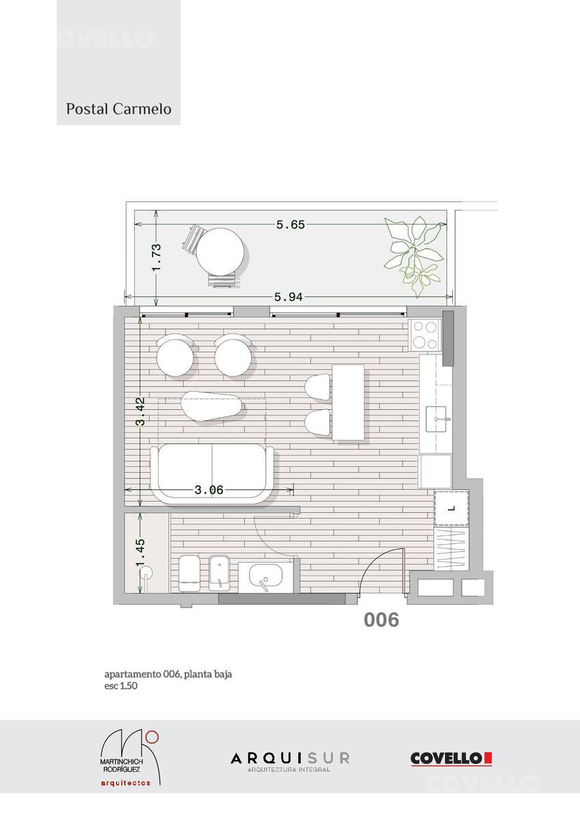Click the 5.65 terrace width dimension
click(291, 224)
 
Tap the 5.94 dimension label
click(289, 297)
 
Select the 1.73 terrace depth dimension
click(157, 258)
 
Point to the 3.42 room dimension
click(140, 411)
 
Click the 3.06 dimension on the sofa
click(209, 490)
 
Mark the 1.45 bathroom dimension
click(140, 552)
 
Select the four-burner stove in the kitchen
click(425, 335)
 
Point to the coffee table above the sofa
click(211, 406)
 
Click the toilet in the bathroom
click(189, 573)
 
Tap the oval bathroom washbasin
click(265, 575)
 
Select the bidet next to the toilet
click(220, 573)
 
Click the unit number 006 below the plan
click(382, 620)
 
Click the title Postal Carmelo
click(119, 109)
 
